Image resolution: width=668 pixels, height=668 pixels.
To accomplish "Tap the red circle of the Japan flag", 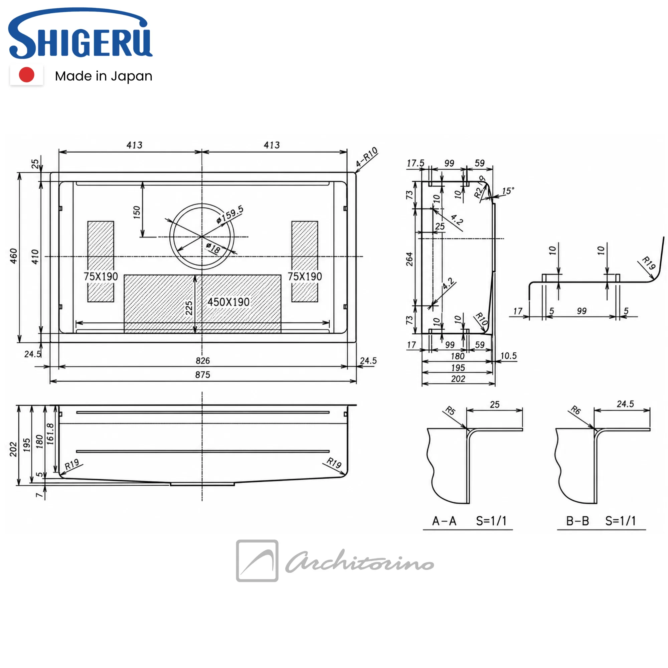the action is [x=27, y=75].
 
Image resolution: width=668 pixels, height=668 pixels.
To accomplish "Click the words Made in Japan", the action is [x=104, y=76].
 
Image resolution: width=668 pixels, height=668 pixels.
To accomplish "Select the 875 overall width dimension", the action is [x=203, y=375].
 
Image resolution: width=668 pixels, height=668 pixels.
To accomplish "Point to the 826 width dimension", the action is [x=203, y=361].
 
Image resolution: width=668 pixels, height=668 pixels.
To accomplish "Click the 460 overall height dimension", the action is [x=13, y=256].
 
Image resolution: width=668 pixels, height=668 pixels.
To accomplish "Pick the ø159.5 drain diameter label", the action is [x=230, y=215].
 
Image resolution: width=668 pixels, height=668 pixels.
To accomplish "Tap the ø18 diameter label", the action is [x=213, y=248].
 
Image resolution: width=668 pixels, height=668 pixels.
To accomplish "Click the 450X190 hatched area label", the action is [x=228, y=302].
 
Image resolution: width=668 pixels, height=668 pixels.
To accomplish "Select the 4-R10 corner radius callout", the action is [x=367, y=157].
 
